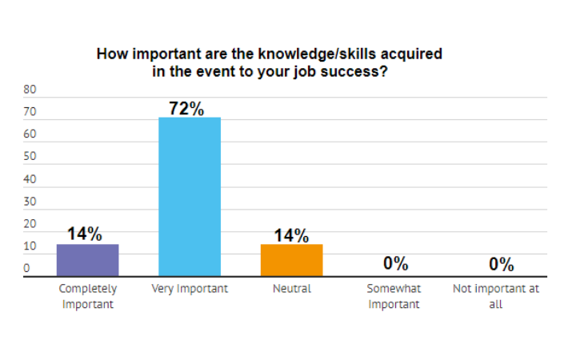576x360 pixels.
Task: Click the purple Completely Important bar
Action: coord(87,260)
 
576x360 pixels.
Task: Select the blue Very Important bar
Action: coord(190,197)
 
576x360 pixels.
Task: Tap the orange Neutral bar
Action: coord(291,260)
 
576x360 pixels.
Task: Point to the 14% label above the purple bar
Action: coord(85,234)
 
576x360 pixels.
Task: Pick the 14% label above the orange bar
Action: coord(291,234)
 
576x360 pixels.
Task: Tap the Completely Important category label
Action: coord(88,296)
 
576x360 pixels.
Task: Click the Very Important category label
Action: coord(190,289)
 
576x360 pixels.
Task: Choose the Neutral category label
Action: coord(291,289)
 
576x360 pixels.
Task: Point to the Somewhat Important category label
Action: coord(394,296)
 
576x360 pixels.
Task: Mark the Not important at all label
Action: coord(496,296)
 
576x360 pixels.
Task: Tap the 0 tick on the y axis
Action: coord(26,269)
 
